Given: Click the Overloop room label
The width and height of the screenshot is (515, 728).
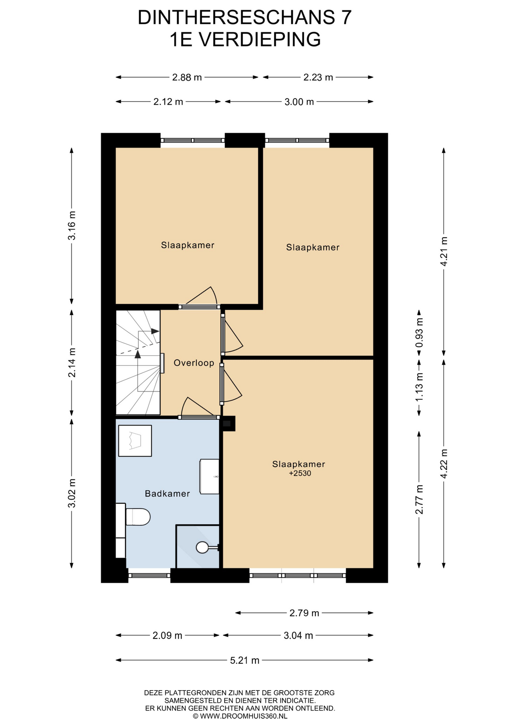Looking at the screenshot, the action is tap(194, 363).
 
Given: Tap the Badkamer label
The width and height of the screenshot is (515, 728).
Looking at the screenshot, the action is tap(167, 493).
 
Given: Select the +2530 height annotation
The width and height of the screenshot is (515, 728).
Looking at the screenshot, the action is tap(300, 473).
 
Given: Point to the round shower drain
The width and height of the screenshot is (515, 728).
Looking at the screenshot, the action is tap(202, 547).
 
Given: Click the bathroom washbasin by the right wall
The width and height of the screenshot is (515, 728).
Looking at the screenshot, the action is tap(209, 476).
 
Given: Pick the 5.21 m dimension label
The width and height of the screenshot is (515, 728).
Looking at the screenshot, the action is tap(245, 660).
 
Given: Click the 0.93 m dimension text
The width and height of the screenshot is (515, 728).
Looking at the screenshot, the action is tap(419, 333).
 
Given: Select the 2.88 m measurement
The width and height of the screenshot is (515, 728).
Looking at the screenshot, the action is tap(187, 77).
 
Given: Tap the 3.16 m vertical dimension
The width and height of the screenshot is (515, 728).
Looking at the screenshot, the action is tap(72, 225).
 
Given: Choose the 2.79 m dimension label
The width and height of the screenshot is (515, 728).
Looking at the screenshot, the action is tap(304, 613).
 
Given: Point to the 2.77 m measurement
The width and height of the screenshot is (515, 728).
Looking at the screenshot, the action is tap(419, 499).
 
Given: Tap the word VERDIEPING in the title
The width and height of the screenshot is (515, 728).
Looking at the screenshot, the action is tap(259, 39).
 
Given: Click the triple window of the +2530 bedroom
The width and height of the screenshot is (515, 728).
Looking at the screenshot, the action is tap(298, 575).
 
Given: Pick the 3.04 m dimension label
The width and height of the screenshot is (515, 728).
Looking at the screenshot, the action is tap(298, 635).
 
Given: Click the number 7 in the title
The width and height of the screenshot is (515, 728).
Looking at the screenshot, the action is tap(346, 17).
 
